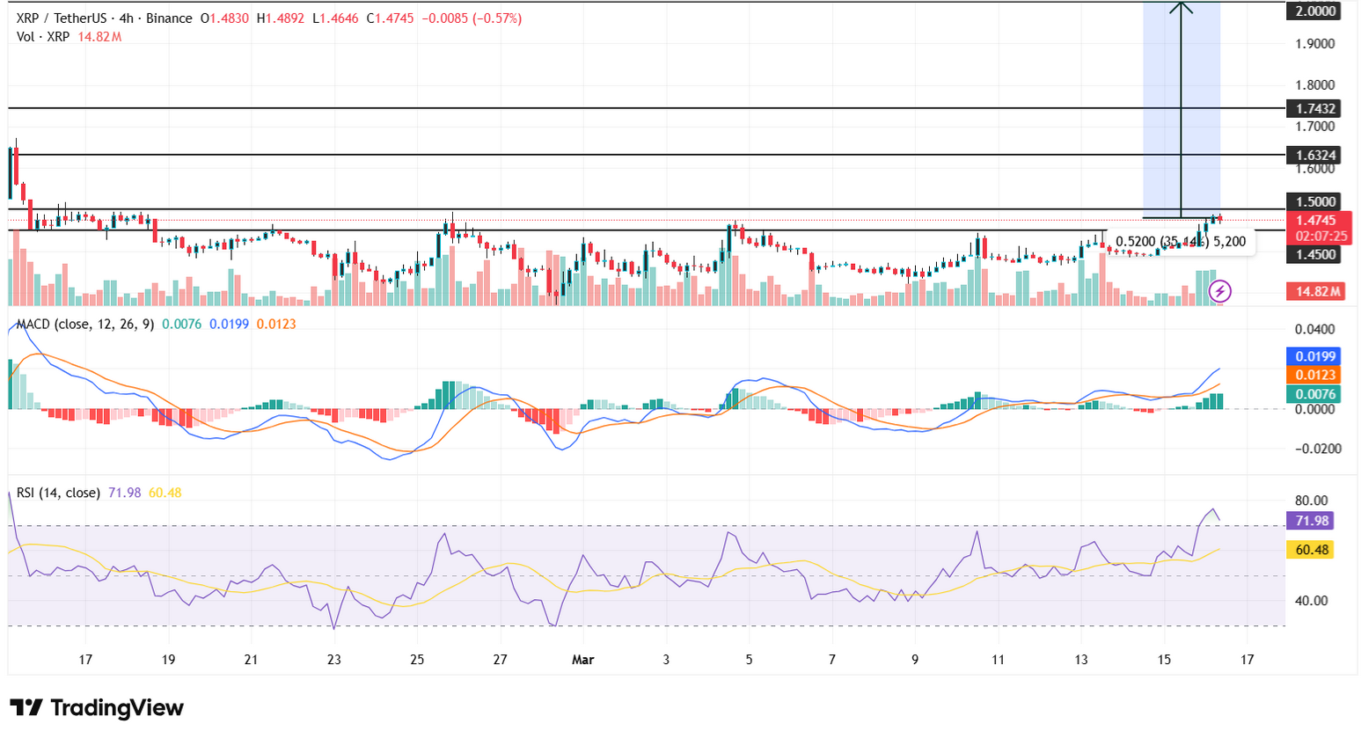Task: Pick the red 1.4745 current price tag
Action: coord(1315,221)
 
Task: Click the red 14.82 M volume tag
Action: coord(1317,291)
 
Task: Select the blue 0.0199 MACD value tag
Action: coord(1315,356)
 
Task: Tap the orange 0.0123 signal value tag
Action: coord(1315,376)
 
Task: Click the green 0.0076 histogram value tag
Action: coord(1315,394)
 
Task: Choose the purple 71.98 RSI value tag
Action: coord(1311,521)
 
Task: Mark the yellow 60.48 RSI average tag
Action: coord(1311,550)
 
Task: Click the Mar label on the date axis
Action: coord(582,660)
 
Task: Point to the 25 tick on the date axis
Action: coord(417,660)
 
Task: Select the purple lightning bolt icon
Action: coord(1219,290)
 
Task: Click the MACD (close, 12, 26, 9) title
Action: coord(85,325)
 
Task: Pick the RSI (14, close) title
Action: coord(58,493)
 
